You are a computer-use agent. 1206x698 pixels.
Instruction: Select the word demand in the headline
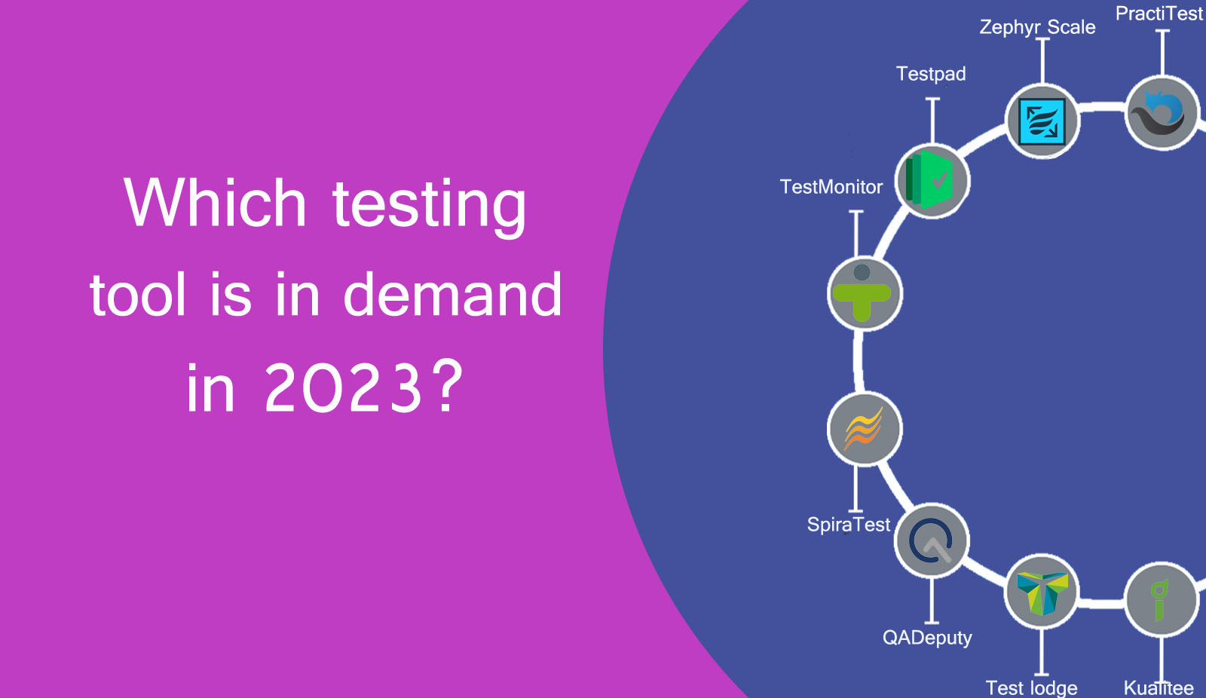(x=452, y=295)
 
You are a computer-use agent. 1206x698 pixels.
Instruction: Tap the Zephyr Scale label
(x=1037, y=27)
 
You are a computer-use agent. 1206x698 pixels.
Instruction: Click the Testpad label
(x=931, y=74)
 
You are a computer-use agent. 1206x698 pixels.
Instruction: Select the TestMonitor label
(x=831, y=187)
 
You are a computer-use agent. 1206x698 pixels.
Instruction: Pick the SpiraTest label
(x=849, y=525)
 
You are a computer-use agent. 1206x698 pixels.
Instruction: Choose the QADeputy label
(x=927, y=638)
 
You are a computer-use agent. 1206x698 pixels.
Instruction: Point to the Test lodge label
(x=1031, y=687)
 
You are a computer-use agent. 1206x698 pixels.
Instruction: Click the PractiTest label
(x=1159, y=14)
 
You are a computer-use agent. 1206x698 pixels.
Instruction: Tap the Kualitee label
(x=1159, y=687)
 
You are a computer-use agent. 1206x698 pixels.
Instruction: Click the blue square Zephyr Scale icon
(x=1042, y=121)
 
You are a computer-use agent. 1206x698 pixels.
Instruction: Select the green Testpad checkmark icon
(x=932, y=181)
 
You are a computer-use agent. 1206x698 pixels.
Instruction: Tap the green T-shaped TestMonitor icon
(x=864, y=293)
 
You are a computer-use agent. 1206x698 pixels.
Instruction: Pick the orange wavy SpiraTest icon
(x=864, y=429)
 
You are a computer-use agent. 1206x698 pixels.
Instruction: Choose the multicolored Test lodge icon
(x=1042, y=592)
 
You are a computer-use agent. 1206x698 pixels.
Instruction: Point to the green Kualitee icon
(x=1161, y=600)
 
